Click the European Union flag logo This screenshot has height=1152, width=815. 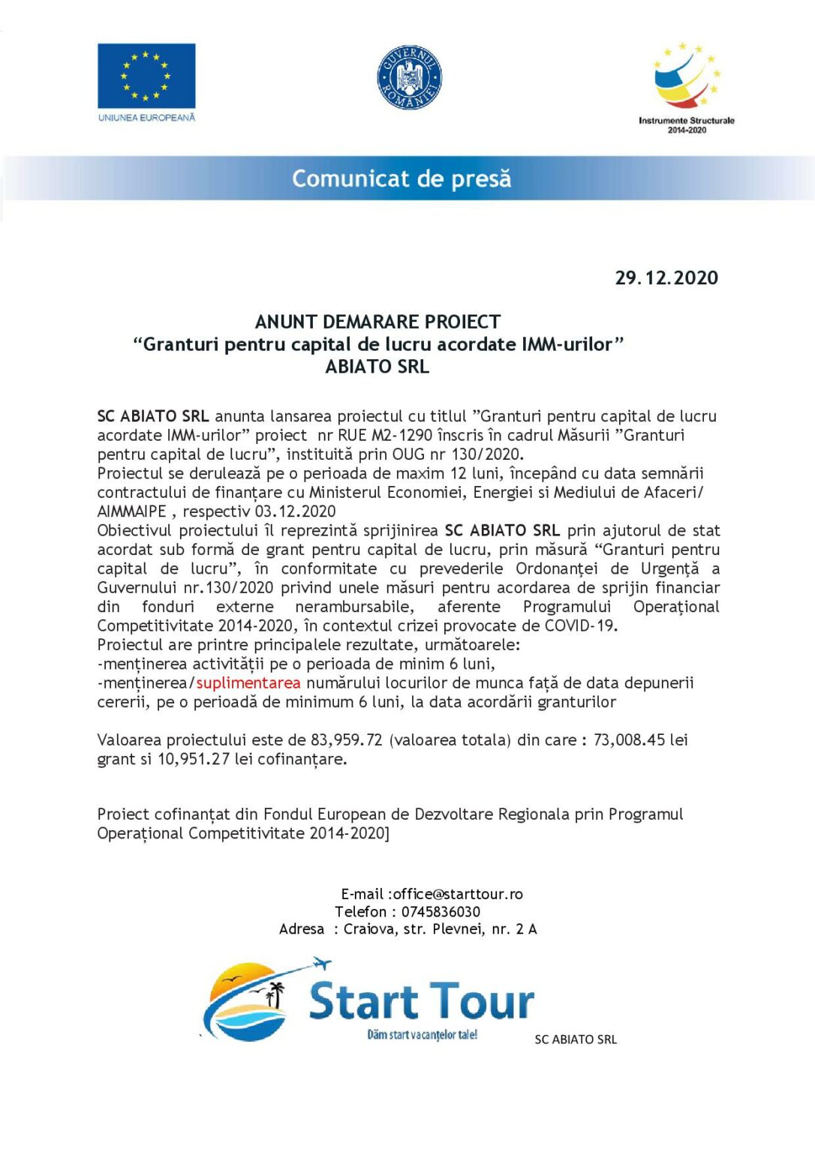[146, 76]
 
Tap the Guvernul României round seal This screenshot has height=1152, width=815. [409, 77]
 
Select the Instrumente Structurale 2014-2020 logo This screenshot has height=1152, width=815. [686, 86]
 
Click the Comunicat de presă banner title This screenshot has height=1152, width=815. [401, 178]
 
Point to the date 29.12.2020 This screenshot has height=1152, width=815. [666, 278]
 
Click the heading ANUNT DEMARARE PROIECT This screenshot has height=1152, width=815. [377, 322]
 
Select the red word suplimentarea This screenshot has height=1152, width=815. [248, 683]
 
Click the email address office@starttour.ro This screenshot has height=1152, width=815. [458, 894]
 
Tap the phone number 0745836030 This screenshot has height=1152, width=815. [441, 912]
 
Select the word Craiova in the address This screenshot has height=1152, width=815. [368, 929]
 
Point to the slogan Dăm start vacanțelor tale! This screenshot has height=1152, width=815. [422, 1035]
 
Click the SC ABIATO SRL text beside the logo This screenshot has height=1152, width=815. [576, 1039]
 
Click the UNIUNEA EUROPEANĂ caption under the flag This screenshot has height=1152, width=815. [146, 118]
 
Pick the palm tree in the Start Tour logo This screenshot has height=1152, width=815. [277, 994]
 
